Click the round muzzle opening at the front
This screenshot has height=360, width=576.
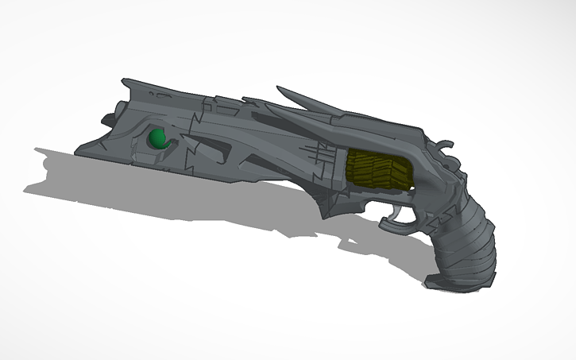coord(106,118)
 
